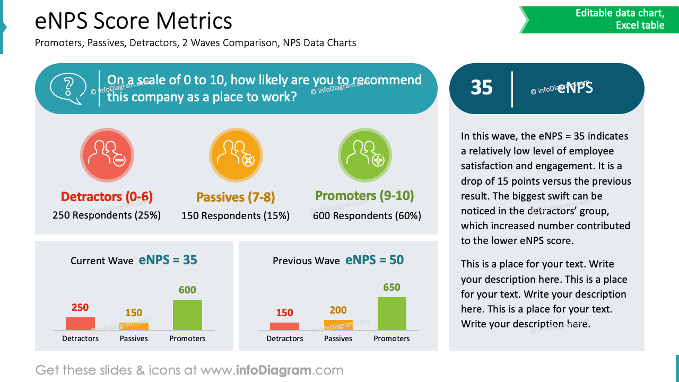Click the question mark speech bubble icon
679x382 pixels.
[x=67, y=88]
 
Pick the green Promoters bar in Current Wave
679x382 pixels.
[x=187, y=315]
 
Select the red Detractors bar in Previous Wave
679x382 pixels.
[x=284, y=326]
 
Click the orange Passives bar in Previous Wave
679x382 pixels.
[x=338, y=325]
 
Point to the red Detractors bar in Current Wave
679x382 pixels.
[x=80, y=324]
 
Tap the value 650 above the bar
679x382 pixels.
[x=391, y=288]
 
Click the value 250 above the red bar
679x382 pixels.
[x=80, y=308]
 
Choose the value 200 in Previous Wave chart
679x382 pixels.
[x=338, y=310]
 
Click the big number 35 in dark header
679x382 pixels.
[x=482, y=88]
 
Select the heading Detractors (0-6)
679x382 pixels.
[x=107, y=197]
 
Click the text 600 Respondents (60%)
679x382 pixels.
[x=367, y=216]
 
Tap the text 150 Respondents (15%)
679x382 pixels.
[x=236, y=216]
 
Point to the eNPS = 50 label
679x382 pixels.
[x=375, y=260]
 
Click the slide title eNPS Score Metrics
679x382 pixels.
[x=134, y=21]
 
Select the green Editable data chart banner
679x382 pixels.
[x=599, y=20]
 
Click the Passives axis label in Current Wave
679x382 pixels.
[x=134, y=338]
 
